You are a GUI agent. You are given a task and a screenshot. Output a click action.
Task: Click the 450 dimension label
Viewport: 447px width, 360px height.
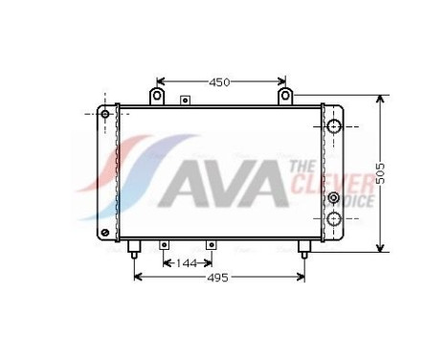click(x=220, y=82)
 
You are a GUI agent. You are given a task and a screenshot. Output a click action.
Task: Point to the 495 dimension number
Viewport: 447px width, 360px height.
click(x=218, y=279)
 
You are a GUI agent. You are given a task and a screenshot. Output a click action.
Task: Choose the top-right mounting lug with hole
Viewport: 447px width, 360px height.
click(x=284, y=95)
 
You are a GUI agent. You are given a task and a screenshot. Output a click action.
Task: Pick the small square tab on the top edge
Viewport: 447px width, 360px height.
click(x=185, y=100)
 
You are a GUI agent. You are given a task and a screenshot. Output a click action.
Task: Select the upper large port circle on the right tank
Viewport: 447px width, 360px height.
click(x=334, y=126)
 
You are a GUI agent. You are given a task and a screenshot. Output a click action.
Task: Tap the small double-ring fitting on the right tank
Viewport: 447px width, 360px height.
click(x=333, y=198)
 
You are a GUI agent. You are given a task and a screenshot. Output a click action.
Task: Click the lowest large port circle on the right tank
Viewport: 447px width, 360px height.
click(x=334, y=219)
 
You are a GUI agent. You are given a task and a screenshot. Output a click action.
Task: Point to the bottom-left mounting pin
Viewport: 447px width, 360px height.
click(x=134, y=248)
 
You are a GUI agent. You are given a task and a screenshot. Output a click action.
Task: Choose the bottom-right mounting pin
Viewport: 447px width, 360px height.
click(x=304, y=248)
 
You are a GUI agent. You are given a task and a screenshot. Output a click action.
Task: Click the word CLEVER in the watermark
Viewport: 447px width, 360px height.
click(x=335, y=183)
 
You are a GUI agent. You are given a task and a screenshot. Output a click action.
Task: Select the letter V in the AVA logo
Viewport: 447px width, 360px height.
click(x=216, y=184)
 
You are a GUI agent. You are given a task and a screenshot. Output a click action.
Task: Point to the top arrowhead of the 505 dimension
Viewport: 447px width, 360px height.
click(x=381, y=100)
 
